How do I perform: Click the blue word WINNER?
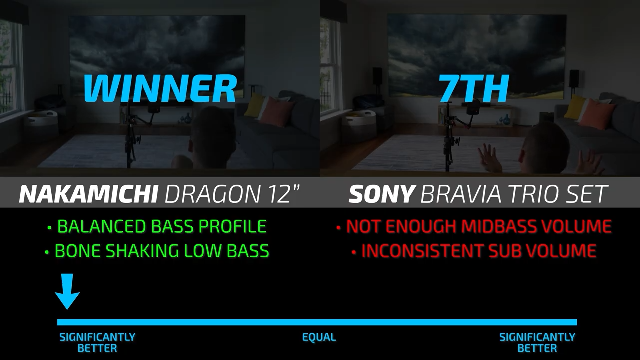point(160,89)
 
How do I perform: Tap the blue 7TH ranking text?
point(473,89)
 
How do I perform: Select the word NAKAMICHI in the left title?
point(88,194)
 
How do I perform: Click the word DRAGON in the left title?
point(212,194)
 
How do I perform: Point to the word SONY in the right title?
point(381,194)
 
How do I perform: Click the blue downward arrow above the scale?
point(67,291)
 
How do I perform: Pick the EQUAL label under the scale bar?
point(319,337)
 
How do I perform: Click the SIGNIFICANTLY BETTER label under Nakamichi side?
point(97,343)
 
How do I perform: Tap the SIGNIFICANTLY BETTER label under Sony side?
point(537,343)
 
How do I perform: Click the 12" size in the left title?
point(283,194)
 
